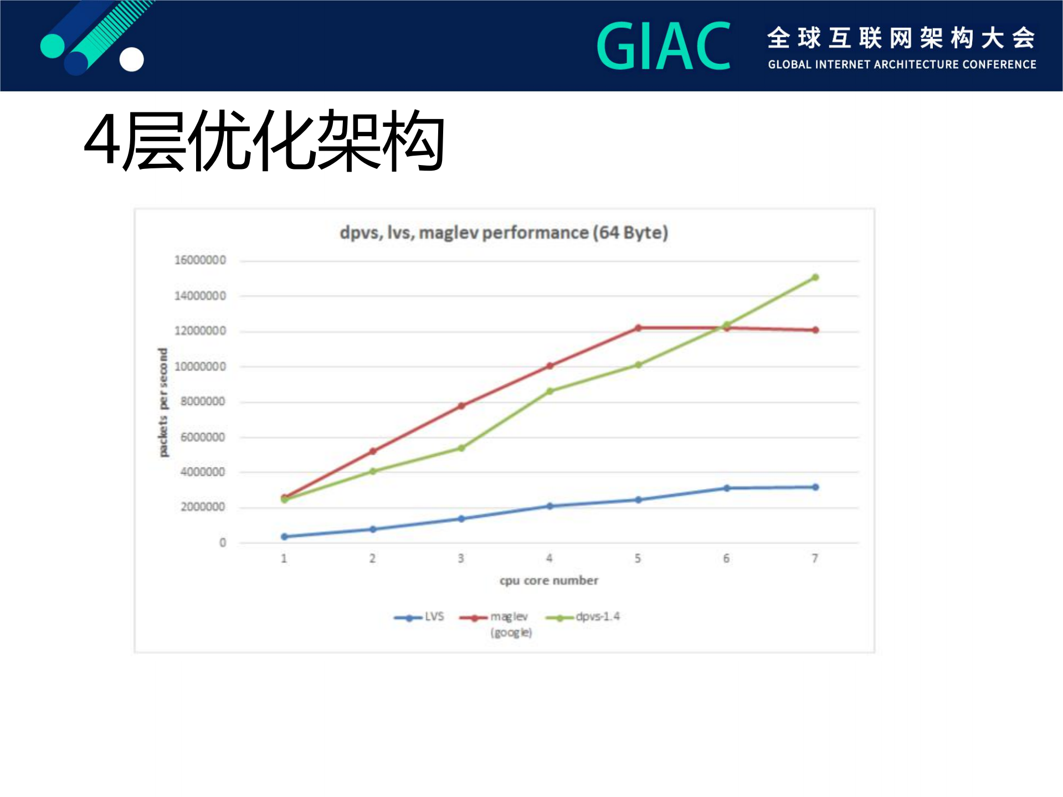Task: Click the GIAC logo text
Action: pyautogui.click(x=663, y=47)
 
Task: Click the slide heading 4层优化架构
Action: pyautogui.click(x=264, y=141)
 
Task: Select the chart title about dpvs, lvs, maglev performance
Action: pyautogui.click(x=504, y=233)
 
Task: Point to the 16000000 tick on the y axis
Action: pyautogui.click(x=200, y=260)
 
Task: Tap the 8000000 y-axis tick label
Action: pyautogui.click(x=203, y=402)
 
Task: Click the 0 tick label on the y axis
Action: pyautogui.click(x=223, y=543)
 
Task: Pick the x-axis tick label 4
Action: pyautogui.click(x=550, y=558)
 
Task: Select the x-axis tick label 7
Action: pyautogui.click(x=815, y=558)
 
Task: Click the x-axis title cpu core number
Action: pyautogui.click(x=548, y=580)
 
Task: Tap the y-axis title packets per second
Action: pyautogui.click(x=163, y=403)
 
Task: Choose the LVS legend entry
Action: pyautogui.click(x=419, y=617)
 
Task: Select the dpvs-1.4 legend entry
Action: pyautogui.click(x=583, y=617)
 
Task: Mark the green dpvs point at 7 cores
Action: pyautogui.click(x=815, y=277)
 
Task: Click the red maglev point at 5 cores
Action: pyautogui.click(x=638, y=328)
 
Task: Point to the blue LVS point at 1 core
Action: pyautogui.click(x=284, y=537)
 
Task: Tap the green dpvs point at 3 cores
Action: pyautogui.click(x=461, y=448)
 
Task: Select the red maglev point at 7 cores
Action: pyautogui.click(x=815, y=330)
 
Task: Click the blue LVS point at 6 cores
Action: pyautogui.click(x=727, y=489)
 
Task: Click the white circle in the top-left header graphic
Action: pyautogui.click(x=132, y=60)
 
